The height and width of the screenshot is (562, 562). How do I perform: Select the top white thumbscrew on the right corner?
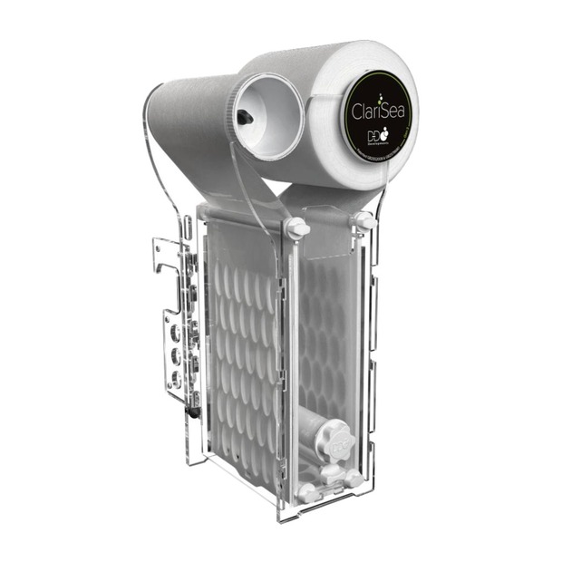point(363,220)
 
